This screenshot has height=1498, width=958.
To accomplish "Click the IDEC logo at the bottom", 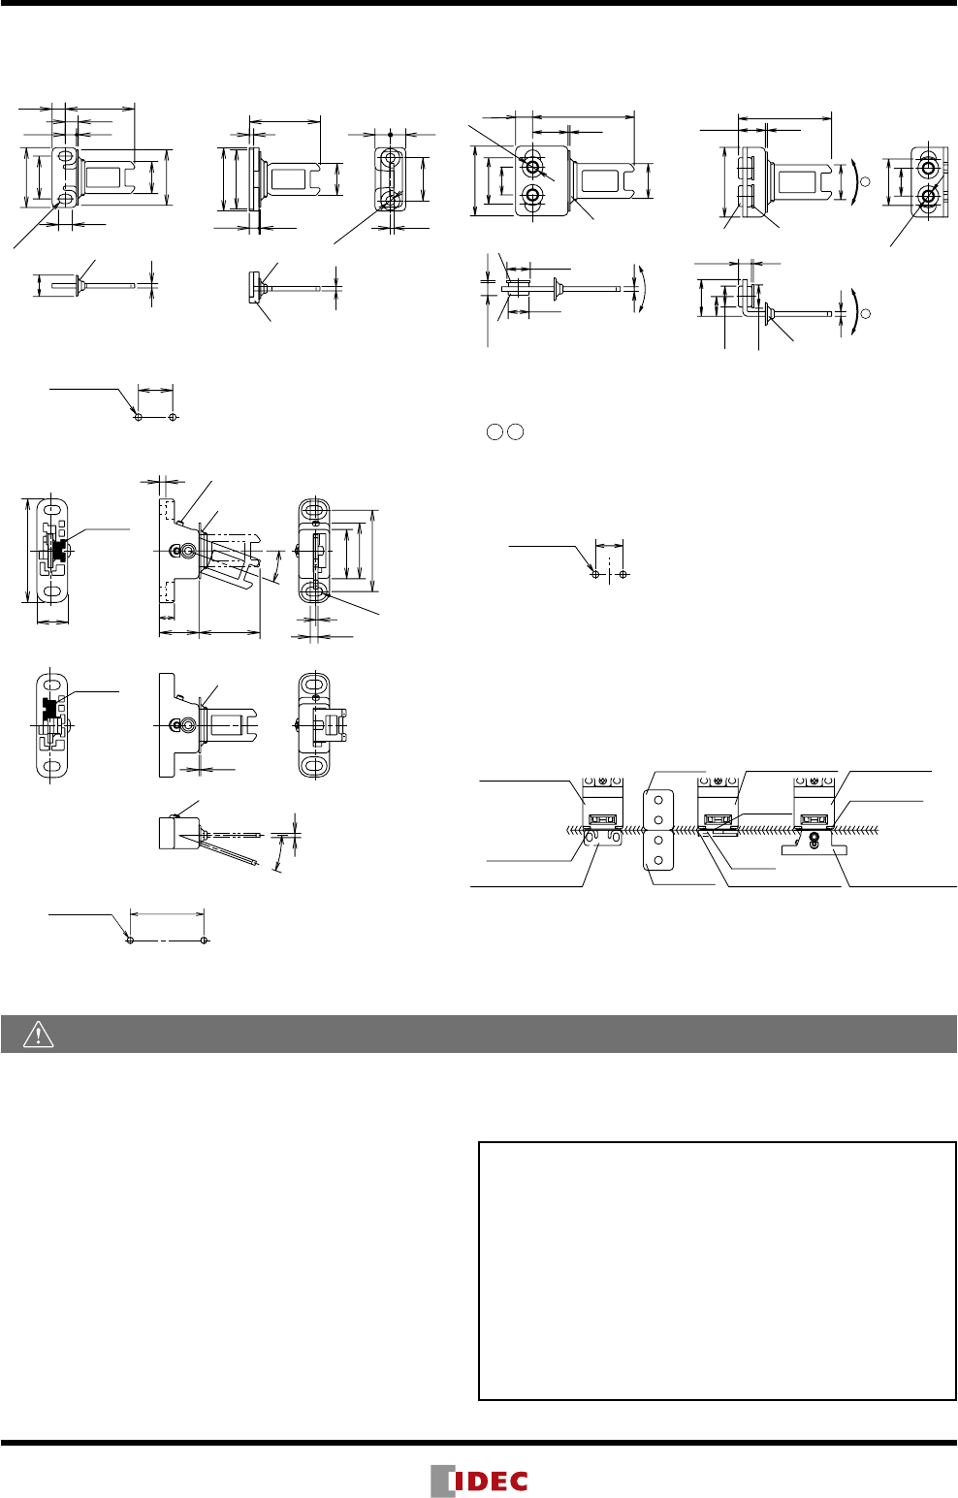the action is point(479,1480).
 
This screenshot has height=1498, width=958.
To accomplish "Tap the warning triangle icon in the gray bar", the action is point(38,1034).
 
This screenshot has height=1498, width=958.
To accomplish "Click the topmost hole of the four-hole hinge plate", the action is point(658,800).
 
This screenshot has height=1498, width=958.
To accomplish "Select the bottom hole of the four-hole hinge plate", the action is point(658,860).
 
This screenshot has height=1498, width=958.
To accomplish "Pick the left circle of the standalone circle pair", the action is point(495,432).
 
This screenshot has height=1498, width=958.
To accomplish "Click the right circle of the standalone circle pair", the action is point(515,432).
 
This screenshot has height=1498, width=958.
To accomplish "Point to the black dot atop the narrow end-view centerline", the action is point(391,135).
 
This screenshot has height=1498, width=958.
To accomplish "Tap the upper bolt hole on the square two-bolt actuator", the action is point(532,166).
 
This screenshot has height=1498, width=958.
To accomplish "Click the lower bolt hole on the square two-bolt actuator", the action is point(532,195).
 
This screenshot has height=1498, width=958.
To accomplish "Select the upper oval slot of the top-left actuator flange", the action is point(66,156).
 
